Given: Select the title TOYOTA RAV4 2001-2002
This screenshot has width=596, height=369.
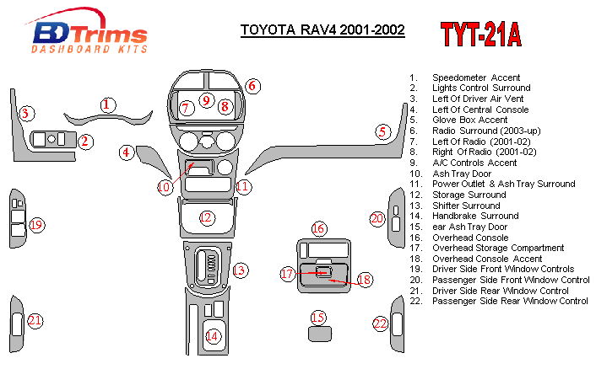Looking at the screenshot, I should (x=322, y=29).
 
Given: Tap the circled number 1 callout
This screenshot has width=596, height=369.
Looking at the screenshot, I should (x=107, y=104).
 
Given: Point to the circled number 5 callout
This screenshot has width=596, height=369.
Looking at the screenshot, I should (x=382, y=131).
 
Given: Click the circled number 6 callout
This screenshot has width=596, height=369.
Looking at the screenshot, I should (x=252, y=86).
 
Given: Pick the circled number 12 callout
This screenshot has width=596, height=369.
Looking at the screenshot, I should (x=206, y=218).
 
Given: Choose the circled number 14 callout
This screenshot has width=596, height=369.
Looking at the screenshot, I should (x=213, y=336).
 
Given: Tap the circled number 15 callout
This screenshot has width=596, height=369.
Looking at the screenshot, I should (x=317, y=318).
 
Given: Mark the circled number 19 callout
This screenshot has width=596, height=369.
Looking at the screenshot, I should (x=36, y=225).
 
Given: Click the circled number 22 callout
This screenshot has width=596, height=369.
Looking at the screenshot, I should (x=381, y=324).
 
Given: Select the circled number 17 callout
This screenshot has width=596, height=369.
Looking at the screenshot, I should (x=288, y=273).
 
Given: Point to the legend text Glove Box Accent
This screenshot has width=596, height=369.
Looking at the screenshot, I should (x=469, y=120).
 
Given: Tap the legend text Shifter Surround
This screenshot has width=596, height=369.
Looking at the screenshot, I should (x=466, y=206).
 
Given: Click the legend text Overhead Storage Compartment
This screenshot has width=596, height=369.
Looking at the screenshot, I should (x=498, y=249).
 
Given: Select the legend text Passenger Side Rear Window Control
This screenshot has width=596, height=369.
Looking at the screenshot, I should (x=510, y=302).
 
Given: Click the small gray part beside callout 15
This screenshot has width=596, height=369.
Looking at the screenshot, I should (x=318, y=334).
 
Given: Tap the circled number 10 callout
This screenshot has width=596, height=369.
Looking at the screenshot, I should (x=164, y=186).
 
